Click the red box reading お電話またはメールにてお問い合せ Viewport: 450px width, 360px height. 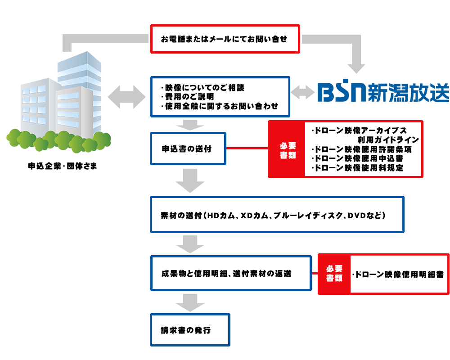point(225,39)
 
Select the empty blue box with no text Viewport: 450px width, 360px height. point(383,90)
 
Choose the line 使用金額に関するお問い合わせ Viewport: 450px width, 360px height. point(220,107)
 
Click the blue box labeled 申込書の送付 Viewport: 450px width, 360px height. point(188,148)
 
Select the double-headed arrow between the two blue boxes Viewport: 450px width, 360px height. point(303,92)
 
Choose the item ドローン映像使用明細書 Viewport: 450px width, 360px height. point(397,274)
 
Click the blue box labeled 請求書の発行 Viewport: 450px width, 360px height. point(189,330)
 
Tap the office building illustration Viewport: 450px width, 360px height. point(58,103)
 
